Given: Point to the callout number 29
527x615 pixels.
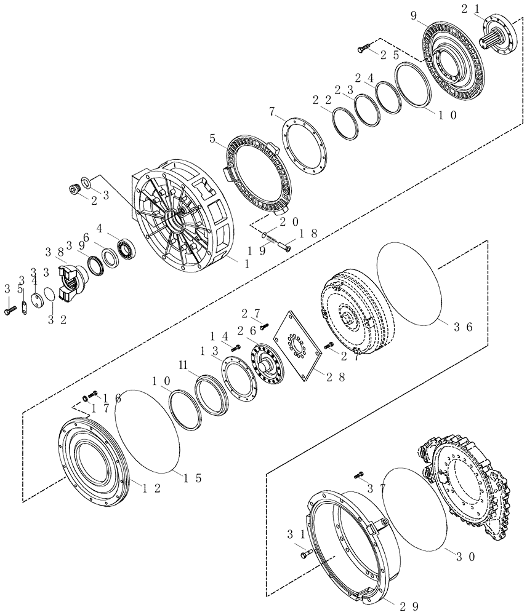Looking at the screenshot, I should click(410, 606).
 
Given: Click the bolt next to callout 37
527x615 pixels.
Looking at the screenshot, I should click(360, 475).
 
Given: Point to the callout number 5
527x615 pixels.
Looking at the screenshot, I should click(214, 140).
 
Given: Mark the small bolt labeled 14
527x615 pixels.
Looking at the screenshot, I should click(235, 349).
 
